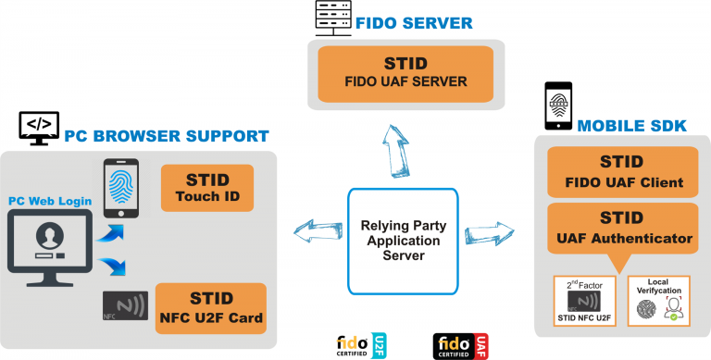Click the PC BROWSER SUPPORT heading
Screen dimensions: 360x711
click(x=167, y=137)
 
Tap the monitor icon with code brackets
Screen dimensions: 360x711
click(x=39, y=129)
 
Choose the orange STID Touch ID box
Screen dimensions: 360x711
click(x=206, y=188)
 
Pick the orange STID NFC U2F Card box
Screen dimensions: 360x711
click(x=211, y=309)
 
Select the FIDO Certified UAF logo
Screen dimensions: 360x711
click(x=461, y=346)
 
